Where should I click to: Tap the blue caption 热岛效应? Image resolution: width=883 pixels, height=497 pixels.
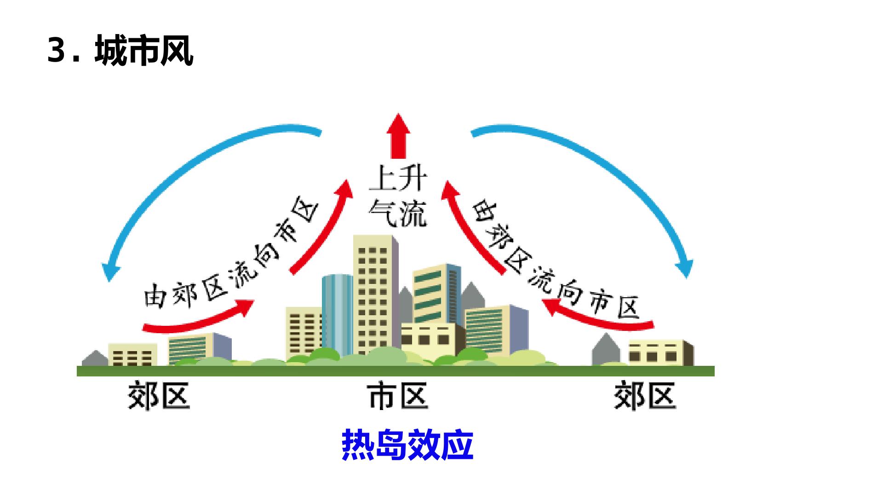tap(407, 445)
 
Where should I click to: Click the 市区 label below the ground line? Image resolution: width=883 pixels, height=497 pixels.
tap(398, 397)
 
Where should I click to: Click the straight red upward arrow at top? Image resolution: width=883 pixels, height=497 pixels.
tap(398, 136)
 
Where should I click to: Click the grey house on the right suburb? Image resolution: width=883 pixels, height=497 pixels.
tap(606, 350)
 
